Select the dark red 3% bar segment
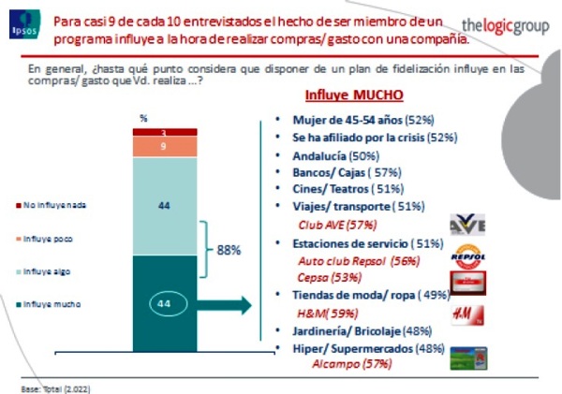pyautogui.click(x=163, y=133)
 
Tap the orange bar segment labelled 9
pyautogui.click(x=163, y=147)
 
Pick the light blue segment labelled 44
pyautogui.click(x=163, y=205)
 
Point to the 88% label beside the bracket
pyautogui.click(x=230, y=251)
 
